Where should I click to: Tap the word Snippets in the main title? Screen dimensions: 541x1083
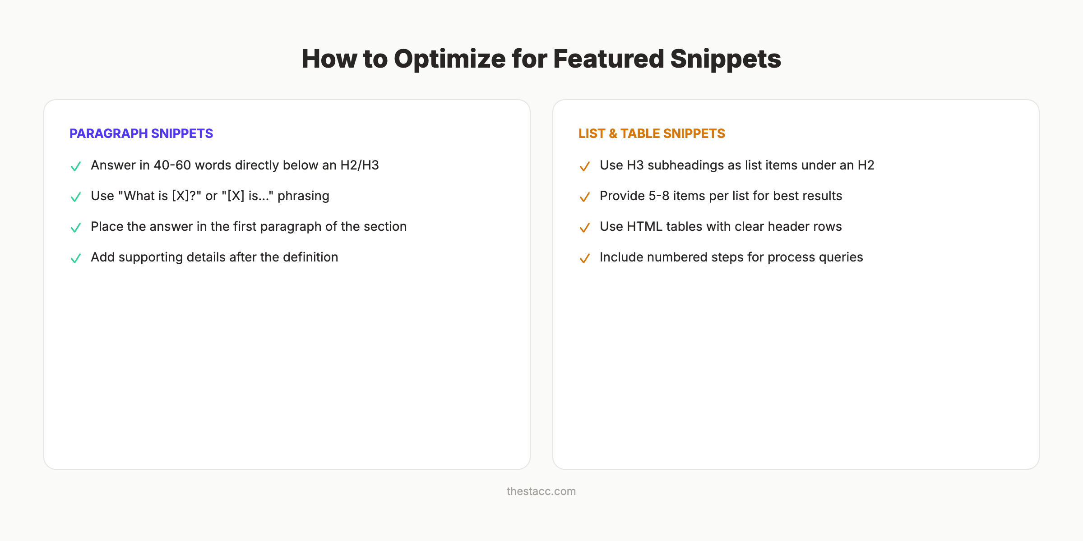725,59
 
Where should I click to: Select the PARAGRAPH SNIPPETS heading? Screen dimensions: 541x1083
141,133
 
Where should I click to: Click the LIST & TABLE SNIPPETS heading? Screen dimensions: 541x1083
652,133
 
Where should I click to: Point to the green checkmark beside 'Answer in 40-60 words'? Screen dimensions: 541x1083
76,166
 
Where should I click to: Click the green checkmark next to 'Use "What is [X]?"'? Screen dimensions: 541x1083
76,197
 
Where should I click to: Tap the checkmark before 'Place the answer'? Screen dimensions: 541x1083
76,228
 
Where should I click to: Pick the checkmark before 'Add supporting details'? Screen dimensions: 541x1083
76,258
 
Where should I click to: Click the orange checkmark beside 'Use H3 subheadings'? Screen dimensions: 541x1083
584,166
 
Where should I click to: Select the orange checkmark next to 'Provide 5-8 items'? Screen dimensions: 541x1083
584,197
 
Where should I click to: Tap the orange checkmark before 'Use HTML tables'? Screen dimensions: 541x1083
584,228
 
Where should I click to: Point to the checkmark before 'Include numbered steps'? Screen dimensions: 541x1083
584,258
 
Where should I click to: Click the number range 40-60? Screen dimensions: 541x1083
172,165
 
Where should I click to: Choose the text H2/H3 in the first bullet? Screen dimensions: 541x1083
360,165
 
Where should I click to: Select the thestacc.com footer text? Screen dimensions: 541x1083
541,491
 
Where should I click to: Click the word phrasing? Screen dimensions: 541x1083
303,196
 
